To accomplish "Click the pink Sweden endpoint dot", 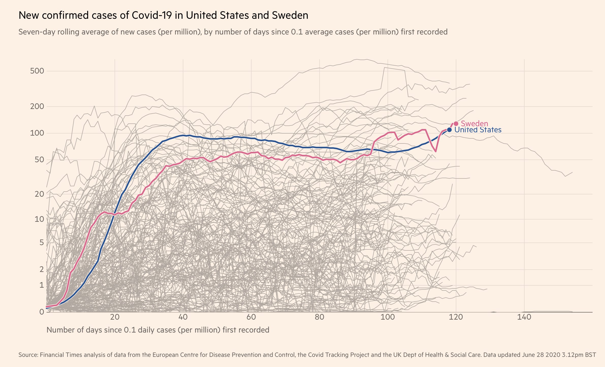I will (456, 124).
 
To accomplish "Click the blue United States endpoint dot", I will (449, 130).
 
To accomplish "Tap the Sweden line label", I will (474, 124).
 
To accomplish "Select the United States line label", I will (478, 130).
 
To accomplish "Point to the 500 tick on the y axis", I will (37, 71).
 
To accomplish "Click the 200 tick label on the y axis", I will (37, 106).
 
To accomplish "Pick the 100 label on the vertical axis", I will (37, 133).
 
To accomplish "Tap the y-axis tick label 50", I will (39, 160).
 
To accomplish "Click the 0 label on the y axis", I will (42, 312).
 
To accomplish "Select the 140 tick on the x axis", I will (524, 317).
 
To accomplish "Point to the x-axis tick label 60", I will (251, 317).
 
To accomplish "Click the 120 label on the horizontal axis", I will (456, 317).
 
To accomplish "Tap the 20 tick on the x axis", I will (115, 317).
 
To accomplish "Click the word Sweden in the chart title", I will (290, 15).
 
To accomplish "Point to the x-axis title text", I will (158, 330).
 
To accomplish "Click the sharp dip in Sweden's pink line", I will (436, 151).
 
